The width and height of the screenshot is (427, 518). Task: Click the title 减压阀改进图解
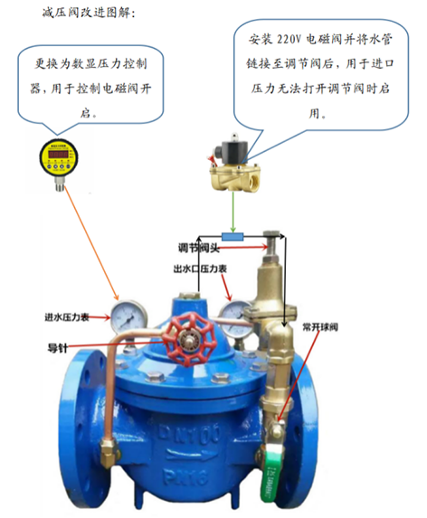[x=89, y=14]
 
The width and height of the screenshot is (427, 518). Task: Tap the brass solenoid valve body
[x=235, y=176]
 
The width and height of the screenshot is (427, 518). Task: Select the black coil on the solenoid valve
[x=234, y=150]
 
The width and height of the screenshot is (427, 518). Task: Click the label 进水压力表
[x=67, y=317]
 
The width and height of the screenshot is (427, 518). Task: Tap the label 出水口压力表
[x=200, y=268]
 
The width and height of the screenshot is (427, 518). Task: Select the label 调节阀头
[x=199, y=248]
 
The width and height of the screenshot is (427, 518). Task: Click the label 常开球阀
[x=320, y=327]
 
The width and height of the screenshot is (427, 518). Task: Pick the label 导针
[x=58, y=348]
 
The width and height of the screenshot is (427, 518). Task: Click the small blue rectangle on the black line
[x=232, y=237]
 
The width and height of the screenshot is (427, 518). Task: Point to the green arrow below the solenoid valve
[x=233, y=212]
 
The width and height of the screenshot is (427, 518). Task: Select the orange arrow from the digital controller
[x=91, y=243]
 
